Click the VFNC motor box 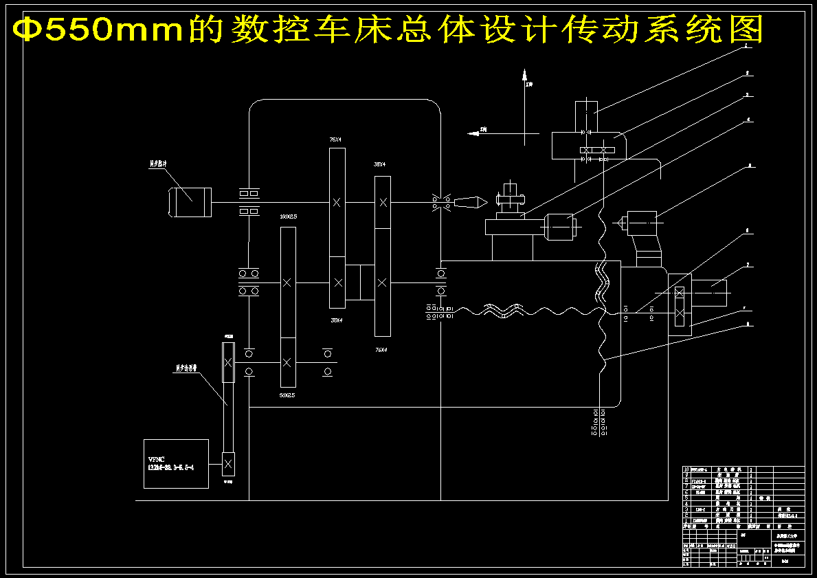(x=176, y=464)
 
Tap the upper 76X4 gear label (x=335, y=140)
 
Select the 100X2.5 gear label (x=288, y=216)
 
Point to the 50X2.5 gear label (x=287, y=395)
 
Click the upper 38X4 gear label (x=379, y=165)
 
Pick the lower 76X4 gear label (x=381, y=350)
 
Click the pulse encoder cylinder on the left (x=190, y=202)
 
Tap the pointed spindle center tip (x=471, y=202)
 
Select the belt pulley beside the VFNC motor (x=228, y=465)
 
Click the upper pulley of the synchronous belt (x=228, y=362)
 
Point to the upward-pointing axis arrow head (x=524, y=74)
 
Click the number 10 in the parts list (x=686, y=469)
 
